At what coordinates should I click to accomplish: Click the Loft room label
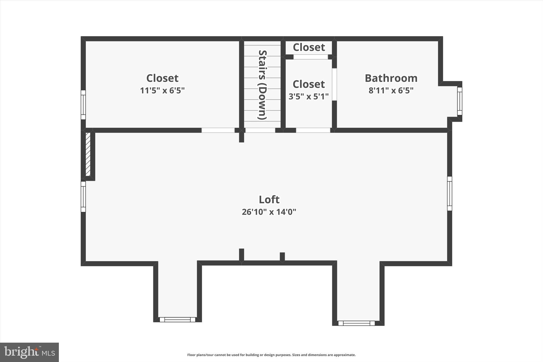point(269,200)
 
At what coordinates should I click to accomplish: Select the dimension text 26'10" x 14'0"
point(269,212)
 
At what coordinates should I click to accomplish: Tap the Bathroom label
point(391,78)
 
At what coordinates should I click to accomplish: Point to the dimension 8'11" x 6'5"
point(391,91)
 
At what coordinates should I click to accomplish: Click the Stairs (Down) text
point(262,85)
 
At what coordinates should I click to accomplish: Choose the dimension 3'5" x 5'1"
point(308,97)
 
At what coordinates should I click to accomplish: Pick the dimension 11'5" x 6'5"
point(162,91)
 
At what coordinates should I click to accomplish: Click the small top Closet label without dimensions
point(309,47)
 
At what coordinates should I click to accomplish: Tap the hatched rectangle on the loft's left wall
point(88,154)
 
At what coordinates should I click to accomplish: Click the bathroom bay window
point(459,101)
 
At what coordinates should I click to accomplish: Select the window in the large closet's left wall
point(83,105)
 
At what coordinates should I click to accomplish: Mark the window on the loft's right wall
point(449,193)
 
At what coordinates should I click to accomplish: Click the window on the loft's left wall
point(83,197)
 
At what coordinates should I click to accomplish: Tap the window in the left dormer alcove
point(177,320)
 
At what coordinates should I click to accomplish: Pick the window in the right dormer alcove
point(356,323)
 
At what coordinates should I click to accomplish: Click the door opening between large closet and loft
point(218,130)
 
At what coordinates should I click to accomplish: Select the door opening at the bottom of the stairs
point(260,130)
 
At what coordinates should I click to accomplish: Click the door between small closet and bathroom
point(334,84)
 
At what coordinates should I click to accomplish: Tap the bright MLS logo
point(29,352)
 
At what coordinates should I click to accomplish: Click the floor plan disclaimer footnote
point(271,355)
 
